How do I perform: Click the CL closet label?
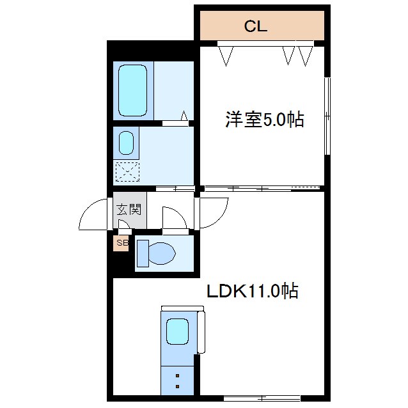click(x=255, y=27)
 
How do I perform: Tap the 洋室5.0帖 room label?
click(x=263, y=120)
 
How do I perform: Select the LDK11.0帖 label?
click(x=253, y=292)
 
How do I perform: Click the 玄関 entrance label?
click(x=128, y=209)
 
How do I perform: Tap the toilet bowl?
click(x=157, y=254)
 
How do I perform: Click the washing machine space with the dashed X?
click(x=127, y=171)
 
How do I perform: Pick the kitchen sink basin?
click(x=177, y=331)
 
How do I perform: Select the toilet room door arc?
click(x=173, y=218)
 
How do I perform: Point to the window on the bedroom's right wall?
click(x=327, y=116)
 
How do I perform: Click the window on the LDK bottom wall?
click(x=253, y=398)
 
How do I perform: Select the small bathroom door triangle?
click(x=184, y=116)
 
